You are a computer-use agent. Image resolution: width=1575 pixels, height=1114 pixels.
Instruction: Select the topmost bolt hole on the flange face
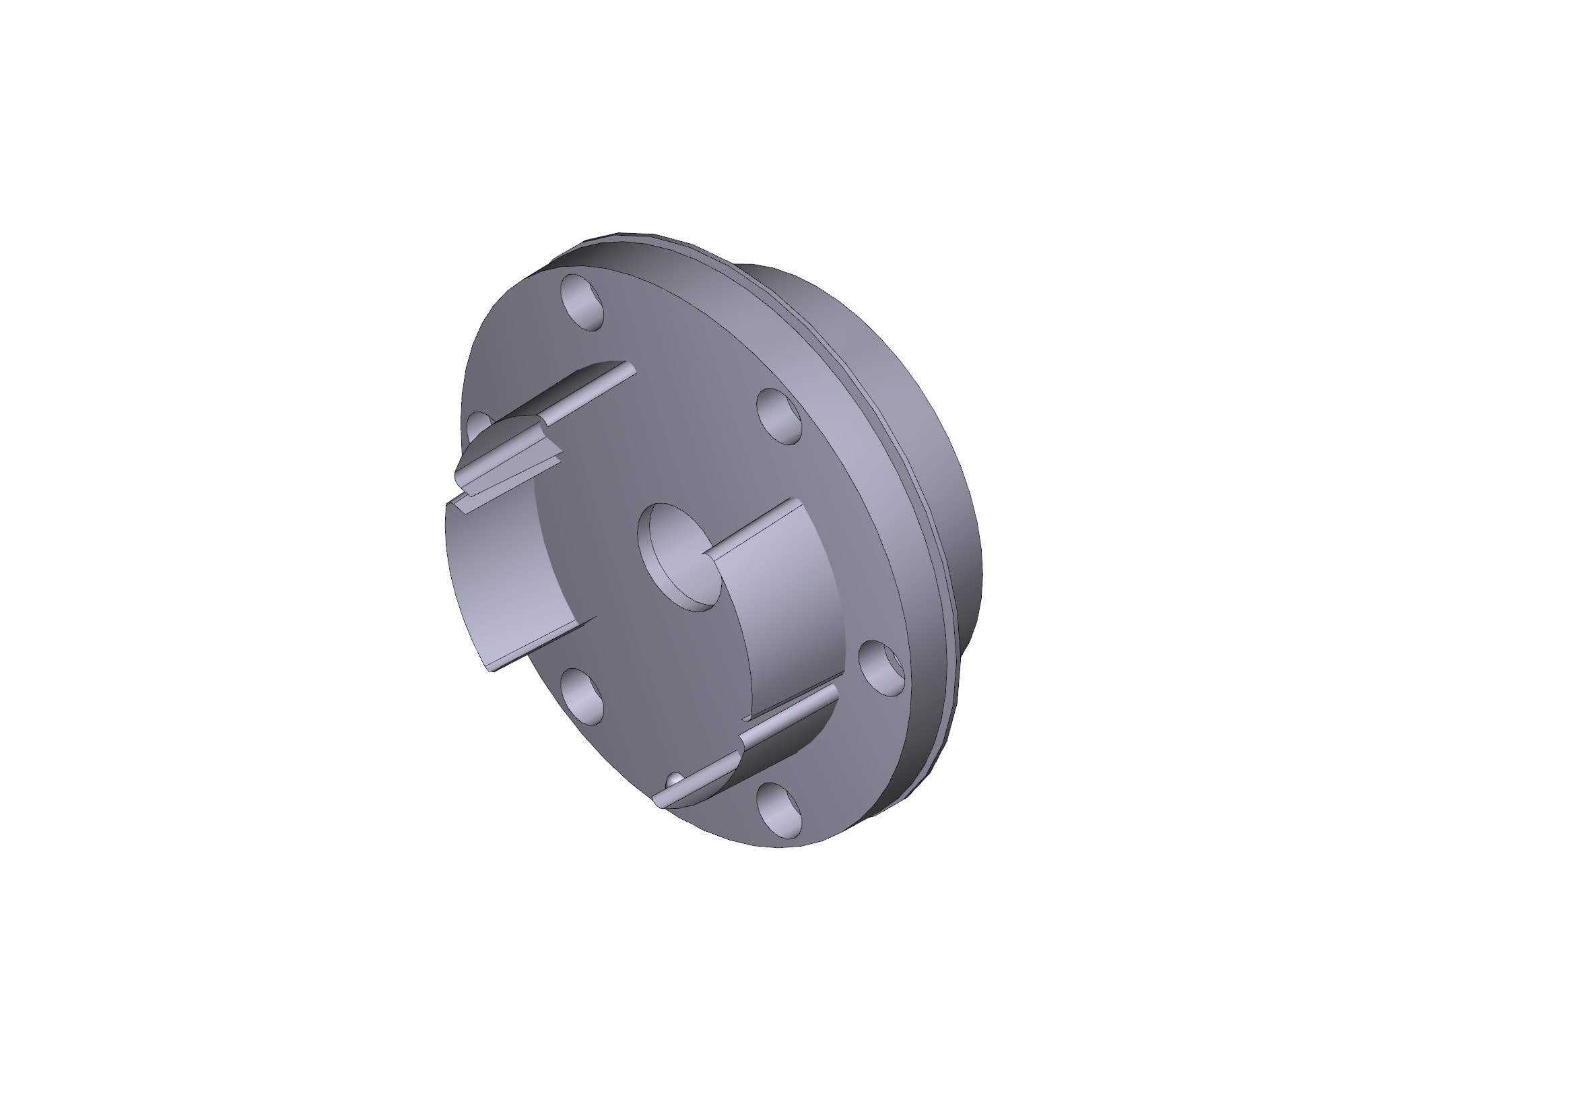(x=582, y=302)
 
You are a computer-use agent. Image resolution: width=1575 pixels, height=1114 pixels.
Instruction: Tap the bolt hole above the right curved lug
(x=779, y=415)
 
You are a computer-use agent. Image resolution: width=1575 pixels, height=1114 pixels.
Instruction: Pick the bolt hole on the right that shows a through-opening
(x=882, y=667)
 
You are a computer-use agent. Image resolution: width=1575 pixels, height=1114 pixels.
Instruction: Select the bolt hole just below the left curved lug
(x=582, y=696)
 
